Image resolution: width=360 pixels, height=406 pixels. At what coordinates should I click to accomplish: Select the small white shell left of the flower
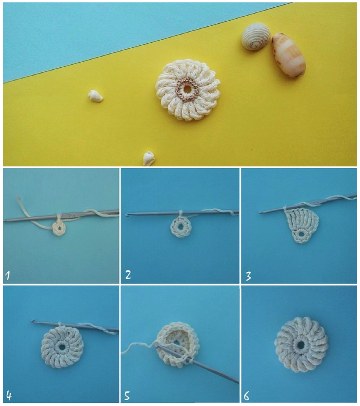pos(95,96)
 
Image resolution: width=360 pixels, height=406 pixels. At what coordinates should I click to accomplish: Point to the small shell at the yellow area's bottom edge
pos(149,158)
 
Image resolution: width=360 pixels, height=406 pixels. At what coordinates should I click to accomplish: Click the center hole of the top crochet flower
pos(187,89)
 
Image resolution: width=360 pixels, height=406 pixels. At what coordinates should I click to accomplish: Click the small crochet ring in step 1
pos(59,228)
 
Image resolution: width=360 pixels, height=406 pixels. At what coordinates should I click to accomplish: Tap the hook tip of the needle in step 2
pos(126,215)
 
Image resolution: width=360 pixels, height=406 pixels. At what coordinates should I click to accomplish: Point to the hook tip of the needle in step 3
pos(261,212)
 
